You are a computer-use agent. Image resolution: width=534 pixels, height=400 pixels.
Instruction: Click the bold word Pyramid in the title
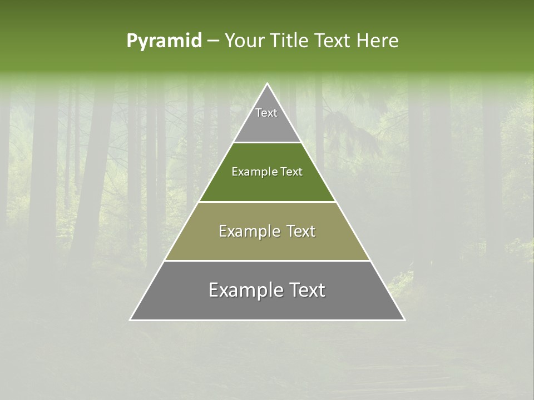click(x=164, y=41)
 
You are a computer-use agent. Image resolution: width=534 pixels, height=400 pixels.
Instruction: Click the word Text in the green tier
click(x=292, y=172)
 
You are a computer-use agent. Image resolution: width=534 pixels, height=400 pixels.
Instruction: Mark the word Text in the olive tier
click(x=300, y=232)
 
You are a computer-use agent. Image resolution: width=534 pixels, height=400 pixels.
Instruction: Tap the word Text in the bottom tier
click(x=306, y=291)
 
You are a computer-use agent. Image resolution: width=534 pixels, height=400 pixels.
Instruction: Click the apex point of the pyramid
click(x=268, y=84)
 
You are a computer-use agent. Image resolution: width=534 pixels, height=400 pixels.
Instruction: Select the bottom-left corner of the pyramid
click(x=131, y=319)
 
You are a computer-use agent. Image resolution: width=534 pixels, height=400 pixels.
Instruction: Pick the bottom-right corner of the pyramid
click(x=404, y=319)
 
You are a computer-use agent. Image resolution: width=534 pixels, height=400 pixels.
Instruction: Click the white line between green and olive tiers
click(x=267, y=202)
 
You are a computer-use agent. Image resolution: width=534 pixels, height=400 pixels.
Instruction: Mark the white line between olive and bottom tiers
click(x=267, y=261)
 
